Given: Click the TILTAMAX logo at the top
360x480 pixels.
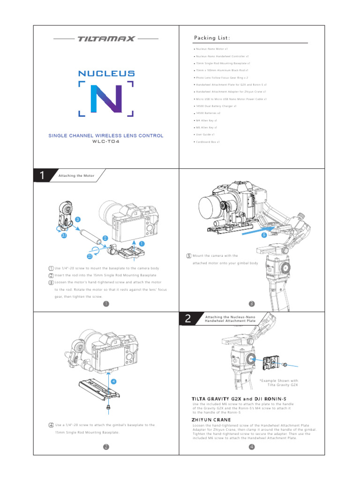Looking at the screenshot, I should (x=106, y=39).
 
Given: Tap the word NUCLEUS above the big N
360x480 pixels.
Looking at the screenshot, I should (x=106, y=74).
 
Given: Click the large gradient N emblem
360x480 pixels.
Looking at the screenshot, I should (x=106, y=99).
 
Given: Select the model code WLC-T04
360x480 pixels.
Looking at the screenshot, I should (x=106, y=142).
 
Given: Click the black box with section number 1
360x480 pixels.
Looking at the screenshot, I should (x=42, y=176).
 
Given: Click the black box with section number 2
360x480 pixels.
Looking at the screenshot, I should (x=188, y=319).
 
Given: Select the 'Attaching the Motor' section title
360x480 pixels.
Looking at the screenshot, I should (x=76, y=176).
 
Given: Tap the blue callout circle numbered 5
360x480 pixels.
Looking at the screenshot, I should (x=264, y=235).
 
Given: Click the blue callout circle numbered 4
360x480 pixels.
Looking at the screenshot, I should (x=113, y=381).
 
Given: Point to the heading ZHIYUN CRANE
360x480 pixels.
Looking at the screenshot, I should (x=211, y=420).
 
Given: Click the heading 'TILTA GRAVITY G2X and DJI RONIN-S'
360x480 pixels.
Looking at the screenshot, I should (x=239, y=398).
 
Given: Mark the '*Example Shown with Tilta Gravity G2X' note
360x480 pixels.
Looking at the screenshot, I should (x=278, y=382).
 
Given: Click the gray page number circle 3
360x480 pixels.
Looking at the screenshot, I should (x=252, y=304).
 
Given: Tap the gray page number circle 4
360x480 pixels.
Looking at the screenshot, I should (x=252, y=447).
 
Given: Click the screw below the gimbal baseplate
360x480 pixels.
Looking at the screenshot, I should (x=109, y=407).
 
